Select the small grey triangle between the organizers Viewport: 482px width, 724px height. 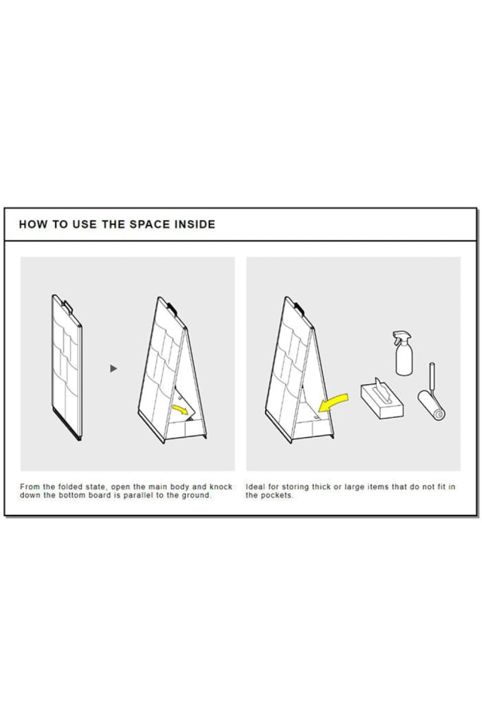coord(114,368)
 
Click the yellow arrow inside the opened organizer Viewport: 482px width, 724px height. coord(181,409)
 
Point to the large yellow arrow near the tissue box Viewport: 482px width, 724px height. coord(334,402)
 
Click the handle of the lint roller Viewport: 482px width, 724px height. coord(432,376)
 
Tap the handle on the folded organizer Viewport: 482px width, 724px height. coord(67,306)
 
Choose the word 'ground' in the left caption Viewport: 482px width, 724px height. coord(198,496)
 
